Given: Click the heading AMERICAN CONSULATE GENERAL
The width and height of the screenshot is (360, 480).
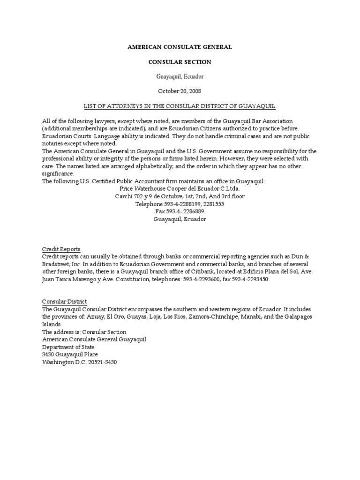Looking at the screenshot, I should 180,47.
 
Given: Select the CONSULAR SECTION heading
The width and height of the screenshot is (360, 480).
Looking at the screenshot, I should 180,62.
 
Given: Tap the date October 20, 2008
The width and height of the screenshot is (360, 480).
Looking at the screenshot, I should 180,91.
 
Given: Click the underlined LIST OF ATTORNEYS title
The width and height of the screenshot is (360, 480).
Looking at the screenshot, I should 180,106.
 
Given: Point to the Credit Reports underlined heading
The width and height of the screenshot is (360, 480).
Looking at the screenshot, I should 61,249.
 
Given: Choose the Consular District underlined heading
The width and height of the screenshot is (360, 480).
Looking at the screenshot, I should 65,301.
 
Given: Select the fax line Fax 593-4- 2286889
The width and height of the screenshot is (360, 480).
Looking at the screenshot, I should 180,211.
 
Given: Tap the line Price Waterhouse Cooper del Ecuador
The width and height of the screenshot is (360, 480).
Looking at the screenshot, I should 180,188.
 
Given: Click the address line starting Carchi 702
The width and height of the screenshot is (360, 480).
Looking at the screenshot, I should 180,196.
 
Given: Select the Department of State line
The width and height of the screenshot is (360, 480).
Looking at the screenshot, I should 67,347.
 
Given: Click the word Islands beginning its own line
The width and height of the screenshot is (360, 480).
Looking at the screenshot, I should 52,324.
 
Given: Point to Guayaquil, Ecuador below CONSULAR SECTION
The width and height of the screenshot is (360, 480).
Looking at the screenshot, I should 180,76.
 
